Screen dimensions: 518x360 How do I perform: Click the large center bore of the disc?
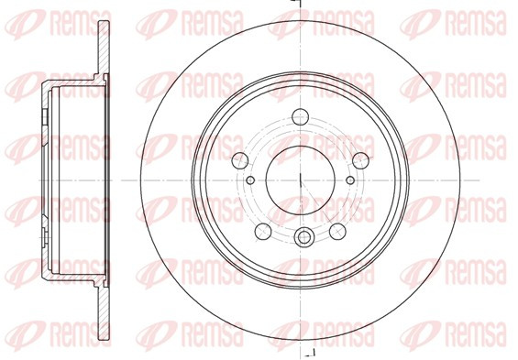coord(301,180)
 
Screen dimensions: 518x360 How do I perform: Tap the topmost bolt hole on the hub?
coord(301,117)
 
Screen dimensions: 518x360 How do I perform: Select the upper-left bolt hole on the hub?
coord(240,161)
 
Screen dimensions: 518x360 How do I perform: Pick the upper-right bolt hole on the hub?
coord(360,161)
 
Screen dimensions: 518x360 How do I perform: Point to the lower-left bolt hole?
coord(263,232)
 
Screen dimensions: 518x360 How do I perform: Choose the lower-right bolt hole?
coord(337,232)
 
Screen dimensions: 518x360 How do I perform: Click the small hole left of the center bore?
coord(250,180)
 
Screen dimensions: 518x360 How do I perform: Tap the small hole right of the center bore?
coord(350,180)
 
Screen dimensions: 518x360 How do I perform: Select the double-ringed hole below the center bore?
coord(303,236)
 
